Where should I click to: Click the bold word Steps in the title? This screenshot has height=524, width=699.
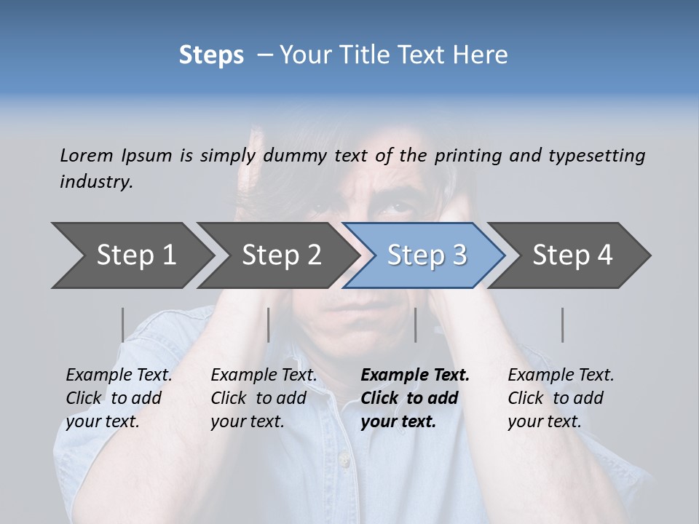(211, 55)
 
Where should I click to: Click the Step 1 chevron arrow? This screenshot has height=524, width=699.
(131, 255)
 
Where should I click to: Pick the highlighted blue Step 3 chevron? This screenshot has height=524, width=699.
(426, 255)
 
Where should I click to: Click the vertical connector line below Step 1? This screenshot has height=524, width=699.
(122, 325)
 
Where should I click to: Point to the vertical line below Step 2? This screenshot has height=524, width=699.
(269, 325)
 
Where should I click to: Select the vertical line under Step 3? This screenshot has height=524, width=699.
(415, 325)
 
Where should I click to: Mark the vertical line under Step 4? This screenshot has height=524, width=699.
(562, 325)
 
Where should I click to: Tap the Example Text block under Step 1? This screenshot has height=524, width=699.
(119, 398)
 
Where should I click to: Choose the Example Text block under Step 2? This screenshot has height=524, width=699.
(264, 398)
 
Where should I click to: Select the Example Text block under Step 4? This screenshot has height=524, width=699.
(561, 398)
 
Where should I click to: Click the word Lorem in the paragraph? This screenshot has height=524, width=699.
(86, 155)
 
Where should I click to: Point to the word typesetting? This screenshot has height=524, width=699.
(596, 156)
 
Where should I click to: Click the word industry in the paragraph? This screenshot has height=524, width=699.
(95, 182)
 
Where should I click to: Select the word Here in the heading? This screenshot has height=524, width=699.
(480, 55)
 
